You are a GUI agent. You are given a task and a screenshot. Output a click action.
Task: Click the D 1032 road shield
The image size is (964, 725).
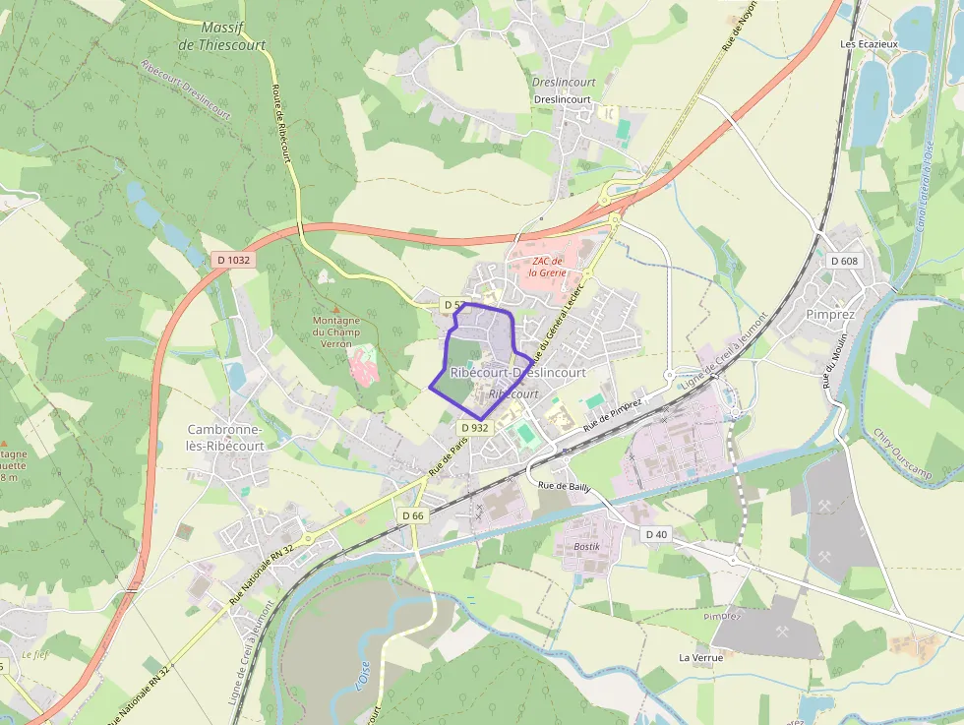pos(233,260)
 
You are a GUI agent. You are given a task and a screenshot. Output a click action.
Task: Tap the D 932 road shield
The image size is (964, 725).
pos(474,427)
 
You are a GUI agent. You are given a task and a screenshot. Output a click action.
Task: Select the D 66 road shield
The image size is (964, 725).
pos(412,515)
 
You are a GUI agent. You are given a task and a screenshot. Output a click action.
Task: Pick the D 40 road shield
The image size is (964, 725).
pos(656,533)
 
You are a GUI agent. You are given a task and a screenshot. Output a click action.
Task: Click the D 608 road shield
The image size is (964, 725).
pos(844,261)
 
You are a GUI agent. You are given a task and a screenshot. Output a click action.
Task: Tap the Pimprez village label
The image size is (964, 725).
pos(831,315)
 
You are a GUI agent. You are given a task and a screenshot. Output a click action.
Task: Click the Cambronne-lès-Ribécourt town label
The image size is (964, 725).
pos(226,437)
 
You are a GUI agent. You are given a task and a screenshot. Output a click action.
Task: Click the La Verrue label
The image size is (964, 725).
pos(700,657)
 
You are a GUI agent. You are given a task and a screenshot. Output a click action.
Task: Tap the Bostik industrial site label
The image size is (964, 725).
pos(586,545)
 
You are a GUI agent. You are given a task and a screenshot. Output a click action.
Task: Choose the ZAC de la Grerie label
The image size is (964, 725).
pos(550,267)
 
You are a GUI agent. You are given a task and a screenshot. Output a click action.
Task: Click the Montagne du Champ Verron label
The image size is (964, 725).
pos(336,332)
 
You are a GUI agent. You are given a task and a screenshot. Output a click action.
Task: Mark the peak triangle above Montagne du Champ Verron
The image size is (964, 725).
pos(335,310)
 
